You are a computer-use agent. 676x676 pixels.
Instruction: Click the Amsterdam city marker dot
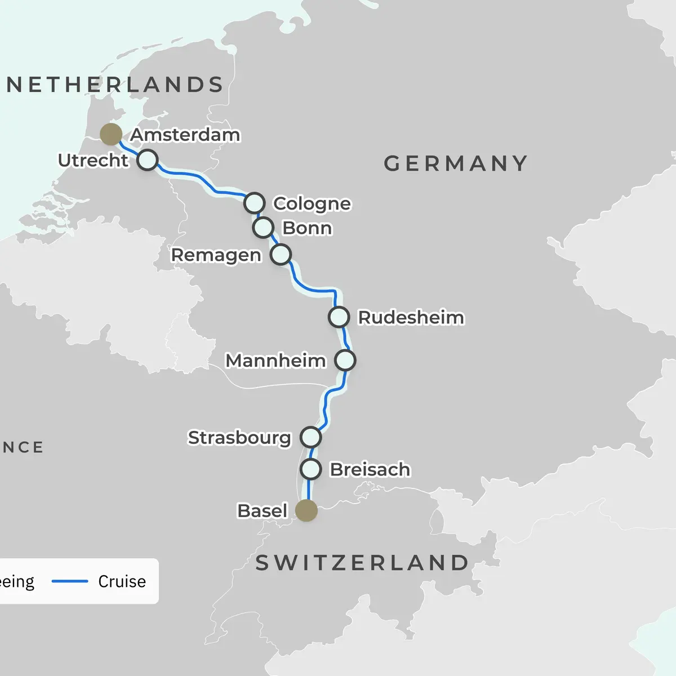(x=111, y=134)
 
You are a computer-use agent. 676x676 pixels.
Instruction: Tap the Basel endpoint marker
(x=306, y=510)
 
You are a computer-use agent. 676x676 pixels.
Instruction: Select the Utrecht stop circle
(x=148, y=160)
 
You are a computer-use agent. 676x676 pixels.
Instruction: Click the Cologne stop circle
(x=255, y=203)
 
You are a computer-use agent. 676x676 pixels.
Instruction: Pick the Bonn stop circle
(x=263, y=228)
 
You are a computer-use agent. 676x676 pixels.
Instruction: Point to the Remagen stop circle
(x=281, y=255)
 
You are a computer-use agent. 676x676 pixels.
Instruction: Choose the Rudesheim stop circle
(x=339, y=317)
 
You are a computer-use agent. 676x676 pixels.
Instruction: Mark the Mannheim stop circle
(x=345, y=360)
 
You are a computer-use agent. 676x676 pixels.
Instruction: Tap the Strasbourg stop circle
(x=310, y=437)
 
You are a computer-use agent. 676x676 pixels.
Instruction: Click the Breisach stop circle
(x=311, y=469)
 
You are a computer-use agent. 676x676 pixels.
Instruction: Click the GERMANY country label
(x=455, y=164)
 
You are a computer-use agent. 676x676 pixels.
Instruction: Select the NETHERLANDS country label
(x=115, y=85)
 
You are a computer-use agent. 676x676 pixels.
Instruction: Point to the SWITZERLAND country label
(x=362, y=563)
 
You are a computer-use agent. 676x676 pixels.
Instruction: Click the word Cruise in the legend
(x=122, y=581)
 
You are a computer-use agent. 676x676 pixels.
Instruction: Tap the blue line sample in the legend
(x=70, y=581)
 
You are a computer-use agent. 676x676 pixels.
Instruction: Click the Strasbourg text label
(x=239, y=438)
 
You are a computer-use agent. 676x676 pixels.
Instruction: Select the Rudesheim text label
(x=411, y=318)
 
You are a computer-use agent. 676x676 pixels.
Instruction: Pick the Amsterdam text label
(x=185, y=135)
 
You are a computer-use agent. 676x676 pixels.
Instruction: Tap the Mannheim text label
(x=275, y=361)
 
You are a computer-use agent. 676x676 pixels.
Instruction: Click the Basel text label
(x=262, y=511)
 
